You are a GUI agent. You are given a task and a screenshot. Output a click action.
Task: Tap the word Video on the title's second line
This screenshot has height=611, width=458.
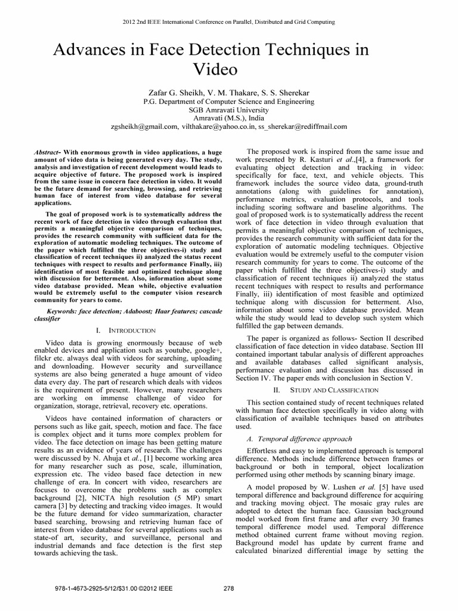pyautogui.click(x=216, y=70)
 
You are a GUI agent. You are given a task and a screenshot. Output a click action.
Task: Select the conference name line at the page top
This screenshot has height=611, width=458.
pyautogui.click(x=229, y=22)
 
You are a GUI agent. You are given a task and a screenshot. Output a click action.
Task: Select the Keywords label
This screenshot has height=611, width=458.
pyautogui.click(x=62, y=311)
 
